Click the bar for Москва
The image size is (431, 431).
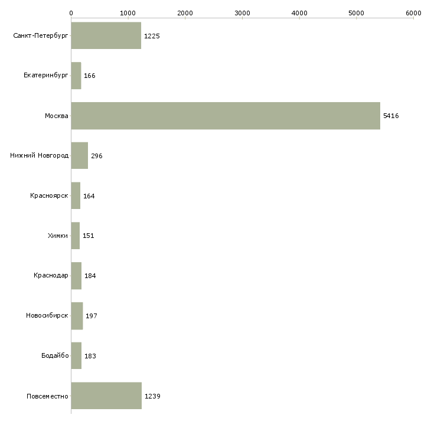[226, 116]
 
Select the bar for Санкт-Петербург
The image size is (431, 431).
[106, 36]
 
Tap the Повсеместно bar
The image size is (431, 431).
[106, 396]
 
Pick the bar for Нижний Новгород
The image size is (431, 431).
[80, 156]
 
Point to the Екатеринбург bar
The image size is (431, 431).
[76, 76]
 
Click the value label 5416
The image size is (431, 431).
[391, 116]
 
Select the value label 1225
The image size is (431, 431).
[152, 36]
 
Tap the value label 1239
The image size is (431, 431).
[152, 396]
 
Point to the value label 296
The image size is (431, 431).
[97, 156]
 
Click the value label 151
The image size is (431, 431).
[89, 236]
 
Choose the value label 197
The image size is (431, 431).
[91, 316]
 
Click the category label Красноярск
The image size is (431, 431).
[50, 195]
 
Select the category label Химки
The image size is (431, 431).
[58, 236]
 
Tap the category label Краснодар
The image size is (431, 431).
[51, 276]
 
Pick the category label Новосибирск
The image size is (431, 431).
[47, 315]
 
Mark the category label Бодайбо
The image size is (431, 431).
[55, 355]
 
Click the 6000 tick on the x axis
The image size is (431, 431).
[413, 13]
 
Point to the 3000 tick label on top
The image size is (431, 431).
[242, 13]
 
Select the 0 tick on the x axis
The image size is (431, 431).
[71, 13]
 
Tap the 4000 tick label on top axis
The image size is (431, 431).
[299, 13]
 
